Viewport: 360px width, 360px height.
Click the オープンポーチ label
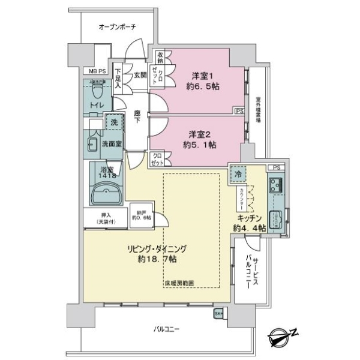tap(118, 27)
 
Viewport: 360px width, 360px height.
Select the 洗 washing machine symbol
tap(112, 122)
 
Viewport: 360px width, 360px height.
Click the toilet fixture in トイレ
tap(97, 91)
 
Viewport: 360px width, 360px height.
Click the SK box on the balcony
tap(218, 313)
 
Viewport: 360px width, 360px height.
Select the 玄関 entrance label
tap(140, 74)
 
